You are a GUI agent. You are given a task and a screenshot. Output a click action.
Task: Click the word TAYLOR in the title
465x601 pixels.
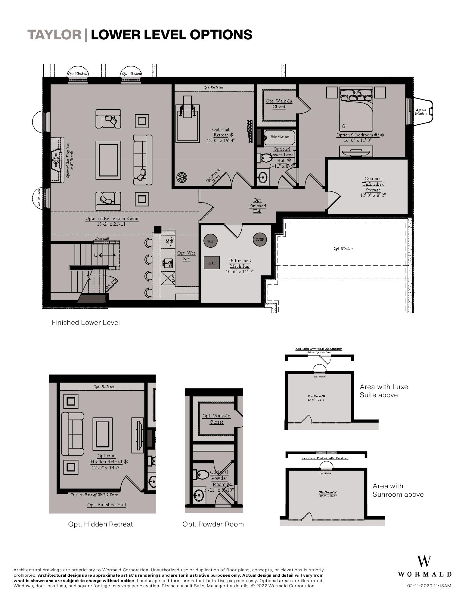(54, 35)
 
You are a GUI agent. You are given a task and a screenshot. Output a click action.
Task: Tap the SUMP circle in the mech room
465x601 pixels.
(259, 239)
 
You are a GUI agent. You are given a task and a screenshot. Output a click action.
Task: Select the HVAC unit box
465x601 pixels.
(211, 263)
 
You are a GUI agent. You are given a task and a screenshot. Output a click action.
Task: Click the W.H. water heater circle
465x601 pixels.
(210, 241)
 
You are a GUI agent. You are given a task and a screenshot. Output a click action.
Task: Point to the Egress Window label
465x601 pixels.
(421, 111)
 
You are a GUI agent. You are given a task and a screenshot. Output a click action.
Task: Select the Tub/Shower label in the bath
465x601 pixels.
(279, 137)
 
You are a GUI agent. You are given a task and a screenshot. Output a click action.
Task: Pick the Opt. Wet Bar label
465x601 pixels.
(186, 256)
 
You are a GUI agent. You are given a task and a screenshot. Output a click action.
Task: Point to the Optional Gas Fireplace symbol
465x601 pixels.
(56, 160)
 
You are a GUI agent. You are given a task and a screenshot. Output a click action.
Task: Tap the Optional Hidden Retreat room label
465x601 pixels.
(107, 462)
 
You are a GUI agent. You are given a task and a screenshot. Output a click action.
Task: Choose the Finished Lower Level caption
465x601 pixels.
(86, 322)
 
